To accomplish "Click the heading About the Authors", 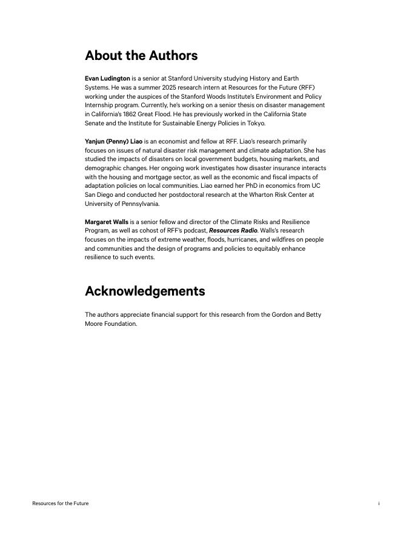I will (141, 56).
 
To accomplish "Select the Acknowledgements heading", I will (145, 291).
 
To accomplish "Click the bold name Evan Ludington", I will (107, 79).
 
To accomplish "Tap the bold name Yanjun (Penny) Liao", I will (113, 141).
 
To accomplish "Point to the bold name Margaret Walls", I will (107, 222).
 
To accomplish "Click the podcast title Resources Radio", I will (233, 231).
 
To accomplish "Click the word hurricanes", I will (242, 240).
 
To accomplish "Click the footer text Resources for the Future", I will (60, 503).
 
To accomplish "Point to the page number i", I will (379, 503).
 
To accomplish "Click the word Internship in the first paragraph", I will (99, 105).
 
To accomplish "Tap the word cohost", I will (157, 231).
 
